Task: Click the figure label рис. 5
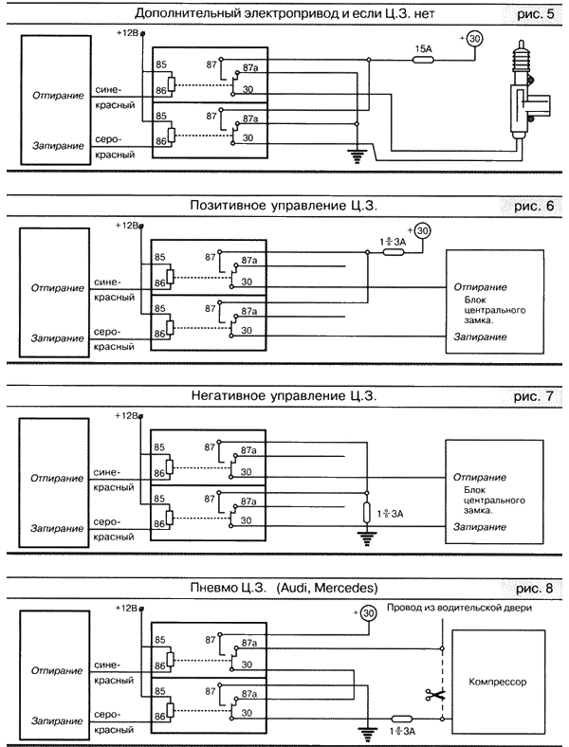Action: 528,14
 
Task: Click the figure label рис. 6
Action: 528,204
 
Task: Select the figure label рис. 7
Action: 528,394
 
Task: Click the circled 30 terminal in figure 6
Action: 423,229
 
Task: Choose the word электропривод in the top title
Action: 266,13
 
